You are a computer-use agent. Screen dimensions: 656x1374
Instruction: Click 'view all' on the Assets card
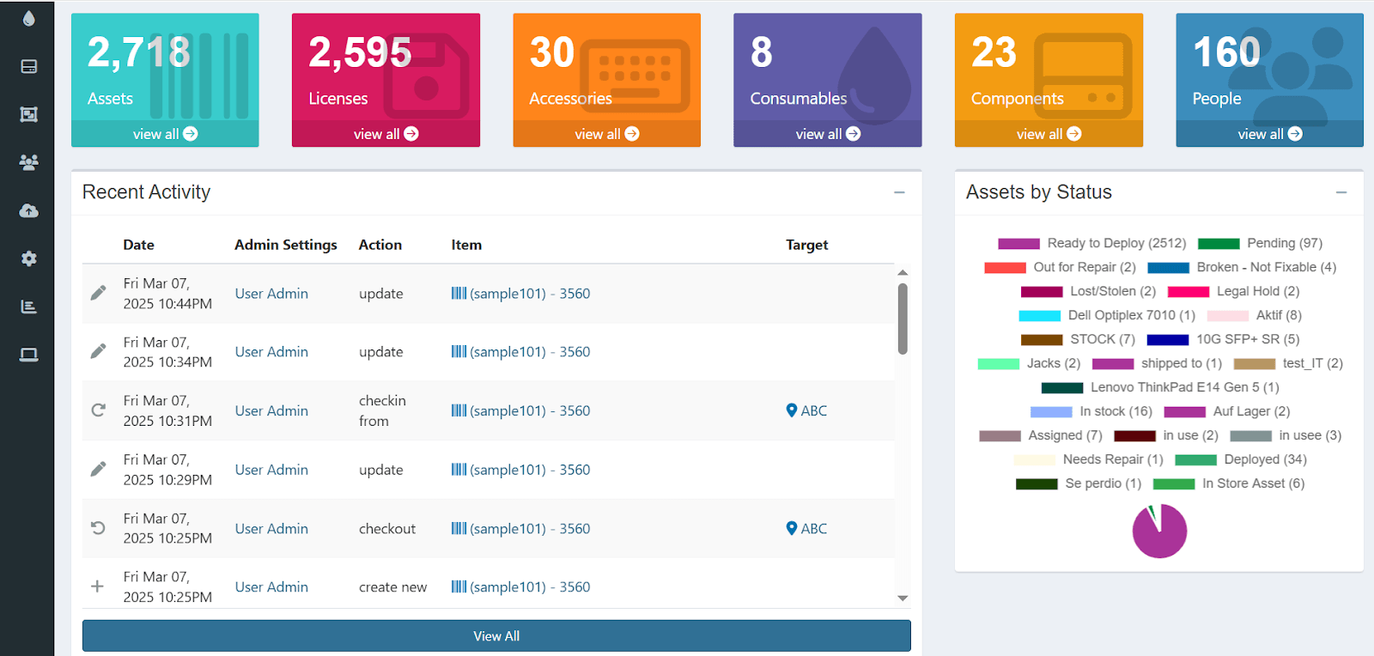[165, 134]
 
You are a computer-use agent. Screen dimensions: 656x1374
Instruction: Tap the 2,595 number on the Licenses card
[360, 52]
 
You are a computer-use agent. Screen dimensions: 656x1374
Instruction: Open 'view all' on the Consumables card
[827, 134]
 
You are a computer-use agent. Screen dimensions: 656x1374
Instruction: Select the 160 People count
[1226, 52]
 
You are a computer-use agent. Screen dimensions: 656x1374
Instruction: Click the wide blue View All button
[496, 636]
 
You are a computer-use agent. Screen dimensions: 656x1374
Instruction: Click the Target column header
[806, 245]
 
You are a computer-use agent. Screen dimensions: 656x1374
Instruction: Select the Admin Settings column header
[285, 245]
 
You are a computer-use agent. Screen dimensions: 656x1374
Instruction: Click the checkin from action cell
[381, 410]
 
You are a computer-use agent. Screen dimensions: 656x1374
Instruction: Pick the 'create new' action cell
[392, 587]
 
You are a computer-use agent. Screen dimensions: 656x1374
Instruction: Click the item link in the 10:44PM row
[520, 294]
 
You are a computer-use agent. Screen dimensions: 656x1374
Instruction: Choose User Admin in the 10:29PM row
[271, 470]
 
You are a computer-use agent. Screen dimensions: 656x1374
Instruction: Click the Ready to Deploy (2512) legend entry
[1116, 243]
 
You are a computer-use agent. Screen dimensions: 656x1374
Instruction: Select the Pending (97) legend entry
[1284, 243]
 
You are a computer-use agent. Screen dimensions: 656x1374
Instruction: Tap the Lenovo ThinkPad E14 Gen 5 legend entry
[1184, 387]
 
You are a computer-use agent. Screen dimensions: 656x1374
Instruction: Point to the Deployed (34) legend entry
[1265, 459]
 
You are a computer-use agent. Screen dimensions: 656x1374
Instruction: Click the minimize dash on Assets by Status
[1341, 192]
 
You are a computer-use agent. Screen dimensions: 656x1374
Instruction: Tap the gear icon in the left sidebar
[28, 258]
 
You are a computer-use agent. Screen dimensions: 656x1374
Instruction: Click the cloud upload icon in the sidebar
[28, 210]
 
